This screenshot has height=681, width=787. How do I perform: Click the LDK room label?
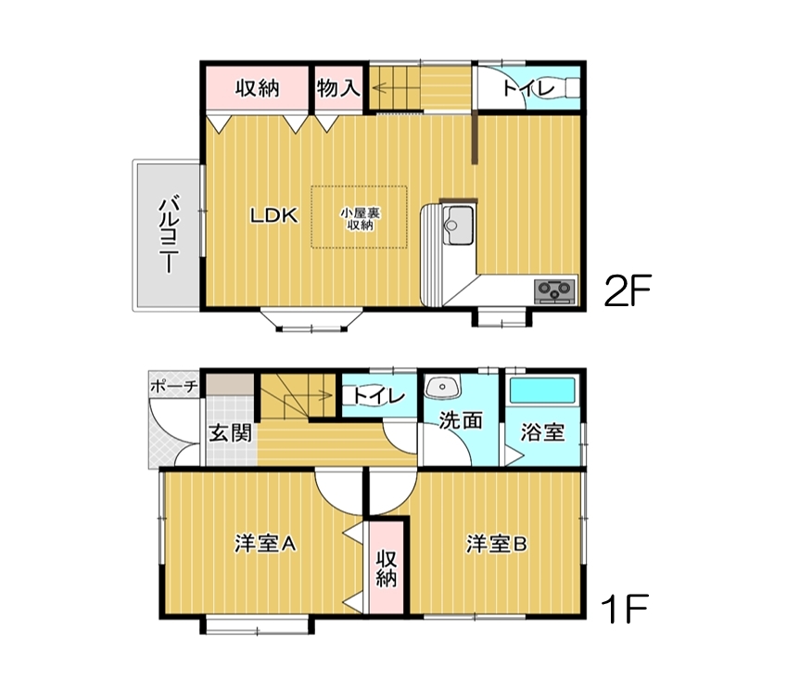pyautogui.click(x=274, y=215)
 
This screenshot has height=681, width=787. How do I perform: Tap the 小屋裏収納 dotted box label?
pyautogui.click(x=360, y=219)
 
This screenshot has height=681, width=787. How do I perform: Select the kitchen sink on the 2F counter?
pyautogui.click(x=457, y=225)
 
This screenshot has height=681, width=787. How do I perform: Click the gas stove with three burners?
pyautogui.click(x=555, y=291)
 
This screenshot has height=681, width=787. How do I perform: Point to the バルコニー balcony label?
pyautogui.click(x=170, y=234)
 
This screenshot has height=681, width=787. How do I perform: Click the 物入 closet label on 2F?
pyautogui.click(x=338, y=88)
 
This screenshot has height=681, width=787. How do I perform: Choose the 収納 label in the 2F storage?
pyautogui.click(x=258, y=88)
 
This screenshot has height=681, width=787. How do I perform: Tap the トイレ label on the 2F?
pyautogui.click(x=528, y=89)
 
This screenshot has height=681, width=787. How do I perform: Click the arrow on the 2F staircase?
pyautogui.click(x=396, y=89)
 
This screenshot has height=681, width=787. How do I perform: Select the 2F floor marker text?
pyautogui.click(x=628, y=290)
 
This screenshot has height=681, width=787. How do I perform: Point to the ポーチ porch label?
pyautogui.click(x=173, y=386)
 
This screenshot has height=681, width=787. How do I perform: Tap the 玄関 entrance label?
pyautogui.click(x=230, y=432)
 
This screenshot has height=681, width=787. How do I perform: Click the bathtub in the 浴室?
pyautogui.click(x=542, y=391)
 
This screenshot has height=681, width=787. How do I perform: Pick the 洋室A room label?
pyautogui.click(x=265, y=544)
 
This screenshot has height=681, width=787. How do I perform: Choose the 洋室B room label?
pyautogui.click(x=496, y=544)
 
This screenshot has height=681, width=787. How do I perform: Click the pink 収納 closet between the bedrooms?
pyautogui.click(x=387, y=568)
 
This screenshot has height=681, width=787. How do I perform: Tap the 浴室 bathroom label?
pyautogui.click(x=542, y=432)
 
